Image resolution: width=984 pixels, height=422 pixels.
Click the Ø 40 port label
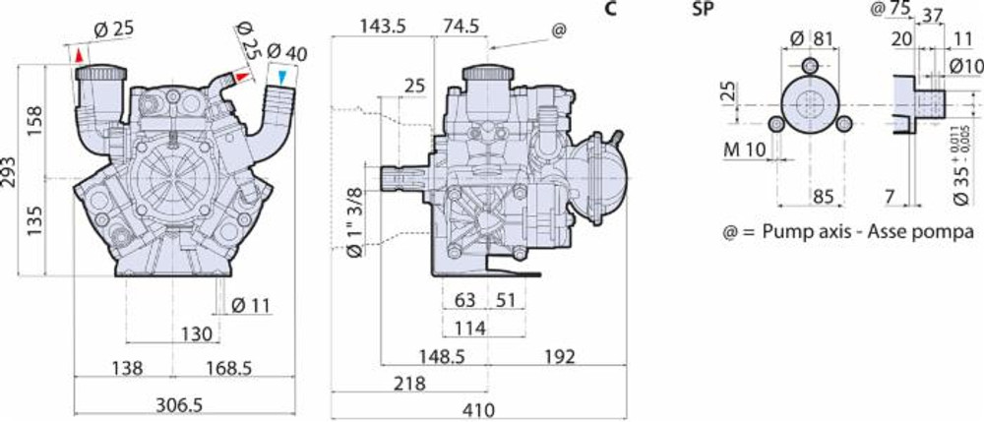287,51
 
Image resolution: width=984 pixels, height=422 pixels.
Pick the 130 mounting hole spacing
196,334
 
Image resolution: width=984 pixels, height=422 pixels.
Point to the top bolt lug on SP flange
809,66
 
